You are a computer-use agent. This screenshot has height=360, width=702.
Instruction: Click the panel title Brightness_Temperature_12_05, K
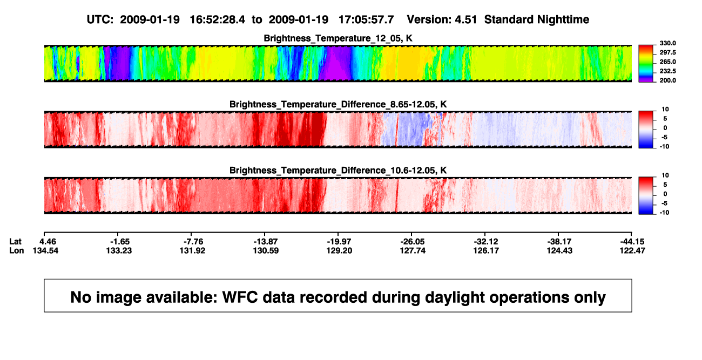[x=338, y=38]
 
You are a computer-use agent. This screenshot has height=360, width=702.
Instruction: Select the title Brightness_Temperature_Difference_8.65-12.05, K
[x=338, y=104]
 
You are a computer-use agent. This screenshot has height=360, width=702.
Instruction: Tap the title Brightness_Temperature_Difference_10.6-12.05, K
[x=338, y=171]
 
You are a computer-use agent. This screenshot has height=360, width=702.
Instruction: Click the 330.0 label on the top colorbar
[x=667, y=43]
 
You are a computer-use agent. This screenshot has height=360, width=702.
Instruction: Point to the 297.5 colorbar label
[x=667, y=52]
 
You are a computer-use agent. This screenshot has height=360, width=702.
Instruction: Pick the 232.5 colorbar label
[x=667, y=71]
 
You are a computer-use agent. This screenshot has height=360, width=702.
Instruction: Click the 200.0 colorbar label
[x=667, y=80]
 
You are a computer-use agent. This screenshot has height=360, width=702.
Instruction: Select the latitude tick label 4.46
[x=48, y=242]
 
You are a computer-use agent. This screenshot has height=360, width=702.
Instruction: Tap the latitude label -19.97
[x=339, y=242]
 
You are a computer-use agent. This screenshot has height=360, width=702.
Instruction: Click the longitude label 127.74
[x=413, y=250]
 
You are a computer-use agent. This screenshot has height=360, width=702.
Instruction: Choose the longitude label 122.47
[x=632, y=250]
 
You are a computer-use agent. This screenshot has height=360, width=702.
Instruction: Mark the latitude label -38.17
[x=559, y=242]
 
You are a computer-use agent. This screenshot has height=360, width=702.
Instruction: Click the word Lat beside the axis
[x=15, y=242]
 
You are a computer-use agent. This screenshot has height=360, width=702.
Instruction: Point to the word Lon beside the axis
[x=16, y=250]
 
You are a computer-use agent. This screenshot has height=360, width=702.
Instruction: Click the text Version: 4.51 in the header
[x=442, y=19]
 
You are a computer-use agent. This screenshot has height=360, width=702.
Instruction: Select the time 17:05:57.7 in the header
[x=366, y=19]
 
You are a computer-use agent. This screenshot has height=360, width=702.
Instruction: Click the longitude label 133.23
[x=119, y=250]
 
